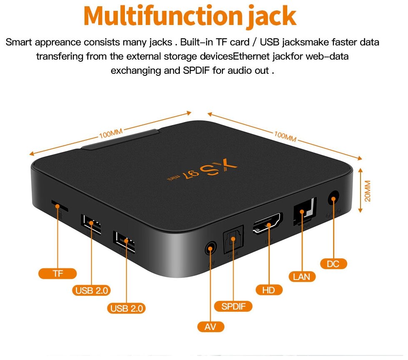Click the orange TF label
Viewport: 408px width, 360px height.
pyautogui.click(x=57, y=273)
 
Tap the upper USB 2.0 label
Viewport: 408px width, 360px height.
pyautogui.click(x=92, y=290)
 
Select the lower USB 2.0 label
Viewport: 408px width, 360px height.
pyautogui.click(x=127, y=308)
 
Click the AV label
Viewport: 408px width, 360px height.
pyautogui.click(x=211, y=327)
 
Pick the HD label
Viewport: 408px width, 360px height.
pyautogui.click(x=269, y=290)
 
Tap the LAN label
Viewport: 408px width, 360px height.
pyautogui.click(x=302, y=276)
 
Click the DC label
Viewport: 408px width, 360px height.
pyautogui.click(x=333, y=263)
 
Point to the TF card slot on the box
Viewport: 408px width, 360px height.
pyautogui.click(x=60, y=205)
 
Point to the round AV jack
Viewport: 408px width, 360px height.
pyautogui.click(x=211, y=249)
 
